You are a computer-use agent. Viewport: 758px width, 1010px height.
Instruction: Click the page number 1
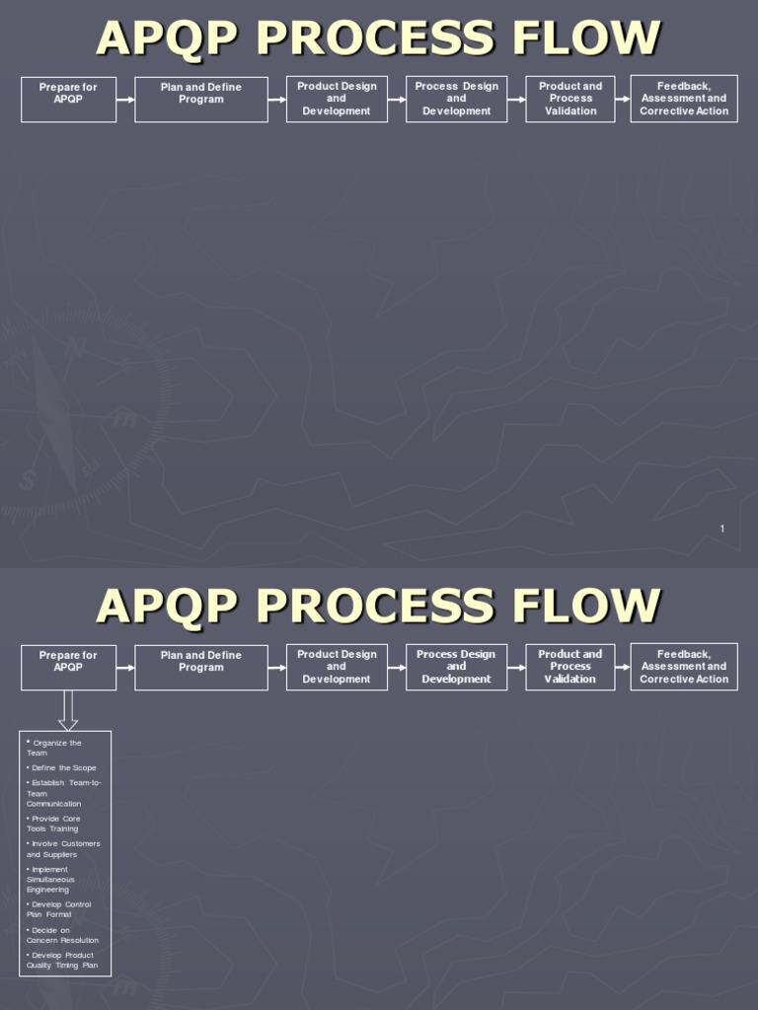722,530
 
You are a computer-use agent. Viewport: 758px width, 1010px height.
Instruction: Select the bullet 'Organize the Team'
54,748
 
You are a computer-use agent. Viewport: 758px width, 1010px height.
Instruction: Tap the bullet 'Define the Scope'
62,768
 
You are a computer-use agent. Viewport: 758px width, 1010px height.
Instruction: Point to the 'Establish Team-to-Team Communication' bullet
64,793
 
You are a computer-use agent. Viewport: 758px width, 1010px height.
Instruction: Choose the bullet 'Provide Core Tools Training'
54,824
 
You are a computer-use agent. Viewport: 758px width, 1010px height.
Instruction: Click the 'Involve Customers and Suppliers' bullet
63,849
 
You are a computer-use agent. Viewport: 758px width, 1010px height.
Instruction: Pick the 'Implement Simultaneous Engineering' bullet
50,880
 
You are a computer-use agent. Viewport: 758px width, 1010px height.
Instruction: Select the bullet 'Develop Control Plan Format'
58,909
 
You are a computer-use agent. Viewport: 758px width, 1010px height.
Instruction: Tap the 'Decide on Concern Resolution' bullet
62,935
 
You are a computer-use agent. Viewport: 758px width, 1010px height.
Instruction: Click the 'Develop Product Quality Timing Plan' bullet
60,960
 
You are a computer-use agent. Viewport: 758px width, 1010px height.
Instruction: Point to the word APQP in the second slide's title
168,606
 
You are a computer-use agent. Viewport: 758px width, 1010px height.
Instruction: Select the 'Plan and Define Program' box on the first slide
201,100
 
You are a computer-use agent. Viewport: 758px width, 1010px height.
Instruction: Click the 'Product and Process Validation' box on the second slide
570,667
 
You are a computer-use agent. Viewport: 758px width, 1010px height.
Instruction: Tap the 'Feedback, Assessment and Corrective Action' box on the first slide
684,99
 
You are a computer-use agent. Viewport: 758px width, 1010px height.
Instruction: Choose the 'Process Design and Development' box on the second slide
457,667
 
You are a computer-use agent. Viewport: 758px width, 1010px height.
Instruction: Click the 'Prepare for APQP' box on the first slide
68,100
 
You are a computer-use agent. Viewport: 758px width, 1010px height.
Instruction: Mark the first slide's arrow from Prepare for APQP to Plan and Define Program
125,100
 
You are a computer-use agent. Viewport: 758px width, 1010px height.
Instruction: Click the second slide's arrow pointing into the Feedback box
623,667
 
